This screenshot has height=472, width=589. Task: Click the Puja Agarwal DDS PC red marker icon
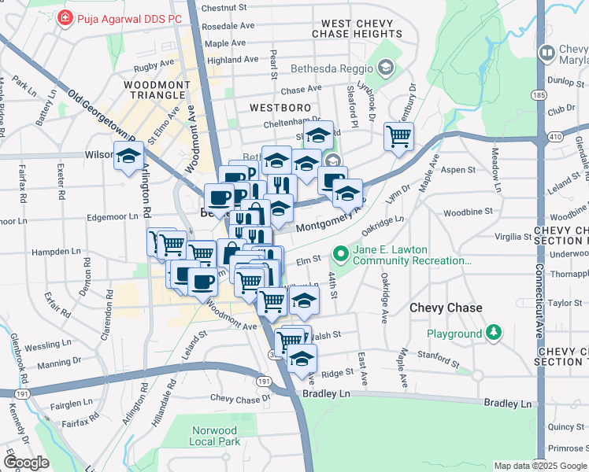tap(66, 17)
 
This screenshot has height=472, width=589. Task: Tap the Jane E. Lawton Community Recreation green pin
tap(341, 254)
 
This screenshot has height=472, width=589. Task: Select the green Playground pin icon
tap(494, 334)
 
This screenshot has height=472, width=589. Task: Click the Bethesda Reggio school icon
tap(385, 68)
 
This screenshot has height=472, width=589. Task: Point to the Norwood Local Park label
tap(215, 436)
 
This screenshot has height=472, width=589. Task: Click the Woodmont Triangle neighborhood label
tap(154, 89)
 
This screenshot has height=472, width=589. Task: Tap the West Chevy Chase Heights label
tap(357, 29)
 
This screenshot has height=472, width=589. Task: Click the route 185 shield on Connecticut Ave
tap(539, 95)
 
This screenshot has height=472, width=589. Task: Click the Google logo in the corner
tap(26, 463)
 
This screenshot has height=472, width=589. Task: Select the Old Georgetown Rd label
tap(102, 119)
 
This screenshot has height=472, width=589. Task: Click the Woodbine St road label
tap(467, 212)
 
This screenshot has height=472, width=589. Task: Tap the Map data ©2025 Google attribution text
tap(539, 466)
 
